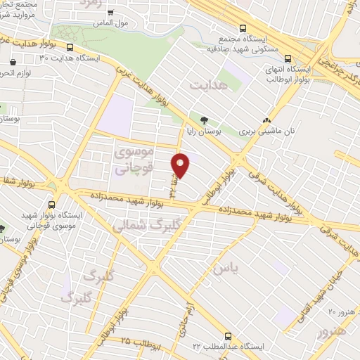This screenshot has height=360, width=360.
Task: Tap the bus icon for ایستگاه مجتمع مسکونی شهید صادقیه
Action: click(243, 29)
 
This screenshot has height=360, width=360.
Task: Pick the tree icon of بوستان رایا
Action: click(205, 120)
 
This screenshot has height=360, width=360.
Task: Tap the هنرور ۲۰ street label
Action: click(342, 310)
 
